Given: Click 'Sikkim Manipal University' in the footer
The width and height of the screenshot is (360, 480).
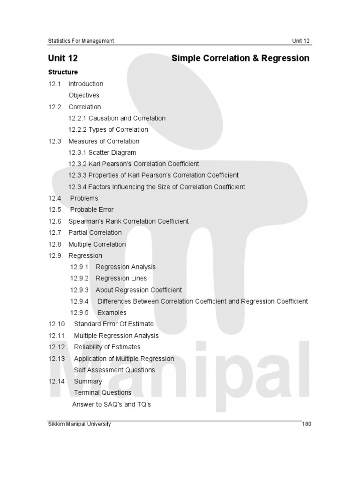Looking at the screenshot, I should [80, 424].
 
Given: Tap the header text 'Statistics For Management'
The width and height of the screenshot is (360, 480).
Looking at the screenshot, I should [81, 41].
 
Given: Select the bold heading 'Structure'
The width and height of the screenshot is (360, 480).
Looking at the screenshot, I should [63, 72].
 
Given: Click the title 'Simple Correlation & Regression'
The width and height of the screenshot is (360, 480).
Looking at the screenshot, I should [240, 58].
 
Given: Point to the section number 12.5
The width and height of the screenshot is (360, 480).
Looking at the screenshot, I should [55, 210].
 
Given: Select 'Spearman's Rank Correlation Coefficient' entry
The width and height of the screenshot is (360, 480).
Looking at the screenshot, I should [128, 221].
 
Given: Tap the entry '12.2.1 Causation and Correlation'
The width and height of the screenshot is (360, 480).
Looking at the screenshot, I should [117, 118].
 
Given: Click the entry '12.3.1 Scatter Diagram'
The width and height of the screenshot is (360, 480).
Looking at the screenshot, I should [102, 152].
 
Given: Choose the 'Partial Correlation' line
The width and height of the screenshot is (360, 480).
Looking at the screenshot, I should [95, 232].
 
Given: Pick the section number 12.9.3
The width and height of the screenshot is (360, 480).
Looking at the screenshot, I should [80, 290].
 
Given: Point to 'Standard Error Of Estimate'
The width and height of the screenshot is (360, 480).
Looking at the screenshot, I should [113, 324].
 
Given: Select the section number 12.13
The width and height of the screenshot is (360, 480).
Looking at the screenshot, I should [56, 359].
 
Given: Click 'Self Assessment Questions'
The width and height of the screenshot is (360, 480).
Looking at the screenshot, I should [114, 370].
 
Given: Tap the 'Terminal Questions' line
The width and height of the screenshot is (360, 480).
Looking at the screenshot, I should [103, 393].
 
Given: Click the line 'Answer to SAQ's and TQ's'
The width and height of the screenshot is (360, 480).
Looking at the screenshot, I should [112, 404].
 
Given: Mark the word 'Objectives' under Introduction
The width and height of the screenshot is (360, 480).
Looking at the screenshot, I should [84, 95].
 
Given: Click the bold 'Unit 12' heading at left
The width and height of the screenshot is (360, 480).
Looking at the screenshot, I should [63, 58].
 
